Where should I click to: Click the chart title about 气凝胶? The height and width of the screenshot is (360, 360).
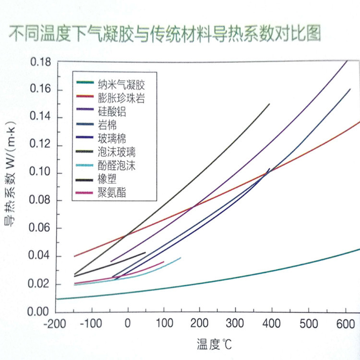(162, 34)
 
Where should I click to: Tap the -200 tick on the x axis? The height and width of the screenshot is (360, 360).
(56, 323)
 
